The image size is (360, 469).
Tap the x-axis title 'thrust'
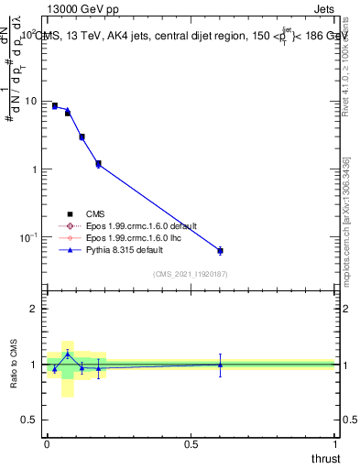click(x=326, y=458)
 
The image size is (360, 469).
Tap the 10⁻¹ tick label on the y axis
click(x=28, y=238)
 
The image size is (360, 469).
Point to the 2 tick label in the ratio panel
click(x=35, y=309)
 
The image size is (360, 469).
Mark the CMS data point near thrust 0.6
click(x=220, y=250)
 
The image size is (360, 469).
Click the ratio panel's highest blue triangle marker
click(x=67, y=354)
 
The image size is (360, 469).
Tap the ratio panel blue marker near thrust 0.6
click(x=220, y=365)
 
